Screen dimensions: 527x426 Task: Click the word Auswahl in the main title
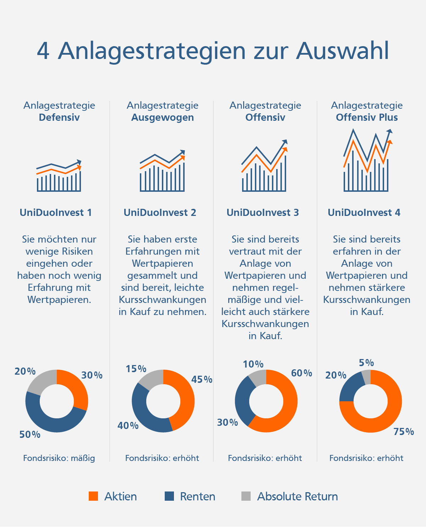[x=343, y=51]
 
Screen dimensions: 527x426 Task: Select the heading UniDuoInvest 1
[x=56, y=212]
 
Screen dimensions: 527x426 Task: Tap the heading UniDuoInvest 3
[x=263, y=212]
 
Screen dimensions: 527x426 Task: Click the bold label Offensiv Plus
[x=367, y=118]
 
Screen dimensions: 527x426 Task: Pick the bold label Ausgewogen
[x=163, y=118]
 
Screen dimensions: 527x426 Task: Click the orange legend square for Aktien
[x=93, y=496]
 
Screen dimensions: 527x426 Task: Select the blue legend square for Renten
[x=169, y=496]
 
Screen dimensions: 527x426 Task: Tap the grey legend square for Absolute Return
[x=246, y=496]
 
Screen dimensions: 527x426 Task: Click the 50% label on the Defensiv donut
[x=30, y=434]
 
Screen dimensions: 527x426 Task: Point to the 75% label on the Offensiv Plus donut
[x=404, y=432]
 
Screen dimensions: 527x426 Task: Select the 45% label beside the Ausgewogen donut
[x=202, y=380]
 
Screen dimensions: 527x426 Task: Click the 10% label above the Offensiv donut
[x=253, y=364]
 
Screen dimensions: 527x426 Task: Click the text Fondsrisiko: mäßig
[x=59, y=458]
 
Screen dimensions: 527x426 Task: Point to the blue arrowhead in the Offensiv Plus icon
[x=390, y=131]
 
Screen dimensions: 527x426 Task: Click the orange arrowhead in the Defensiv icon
[x=79, y=167]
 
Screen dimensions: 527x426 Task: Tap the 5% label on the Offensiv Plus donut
[x=366, y=363]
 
